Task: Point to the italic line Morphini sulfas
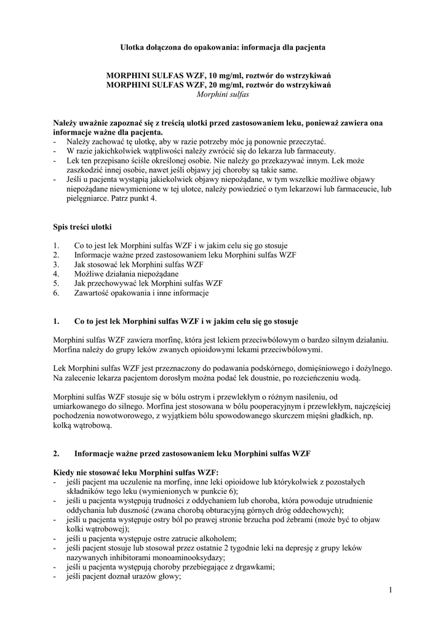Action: click(223, 95)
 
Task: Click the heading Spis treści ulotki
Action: click(82, 227)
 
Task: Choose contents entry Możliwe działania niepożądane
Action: click(127, 273)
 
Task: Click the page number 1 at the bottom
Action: click(390, 590)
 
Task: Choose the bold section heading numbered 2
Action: click(192, 453)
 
